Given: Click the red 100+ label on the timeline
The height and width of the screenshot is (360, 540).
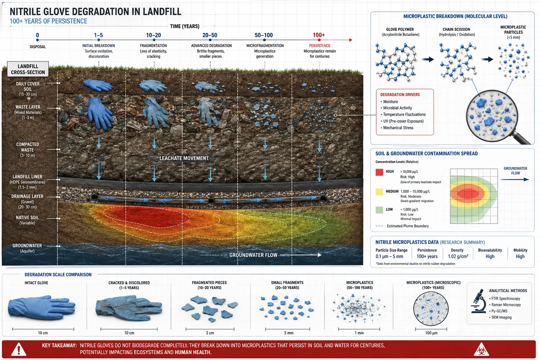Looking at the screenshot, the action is pyautogui.click(x=319, y=35).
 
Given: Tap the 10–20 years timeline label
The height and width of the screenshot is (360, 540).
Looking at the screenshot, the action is pyautogui.click(x=153, y=35).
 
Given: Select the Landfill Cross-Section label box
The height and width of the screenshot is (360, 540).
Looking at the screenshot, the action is pyautogui.click(x=28, y=69).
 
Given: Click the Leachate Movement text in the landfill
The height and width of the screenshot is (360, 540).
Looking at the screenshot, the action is pyautogui.click(x=184, y=158).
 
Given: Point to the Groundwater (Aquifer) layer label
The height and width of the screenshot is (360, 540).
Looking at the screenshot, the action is pyautogui.click(x=27, y=248).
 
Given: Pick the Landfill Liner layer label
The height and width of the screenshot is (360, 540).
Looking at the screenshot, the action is pyautogui.click(x=27, y=182).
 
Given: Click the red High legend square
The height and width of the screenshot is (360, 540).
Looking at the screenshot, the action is pyautogui.click(x=379, y=172).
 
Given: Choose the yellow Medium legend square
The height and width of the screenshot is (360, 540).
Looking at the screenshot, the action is pyautogui.click(x=379, y=192).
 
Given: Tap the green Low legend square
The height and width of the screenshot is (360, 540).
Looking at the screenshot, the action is pyautogui.click(x=379, y=210).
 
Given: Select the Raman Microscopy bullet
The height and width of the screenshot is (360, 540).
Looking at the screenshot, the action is pyautogui.click(x=505, y=305).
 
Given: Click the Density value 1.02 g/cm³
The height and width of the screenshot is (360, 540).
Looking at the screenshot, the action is pyautogui.click(x=458, y=256).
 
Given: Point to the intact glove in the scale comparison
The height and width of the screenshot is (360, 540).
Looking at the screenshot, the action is pyautogui.click(x=42, y=307).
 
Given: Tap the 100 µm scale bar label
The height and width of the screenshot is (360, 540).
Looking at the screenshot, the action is pyautogui.click(x=431, y=333).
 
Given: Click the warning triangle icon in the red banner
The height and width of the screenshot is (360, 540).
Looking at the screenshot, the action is pyautogui.click(x=19, y=349).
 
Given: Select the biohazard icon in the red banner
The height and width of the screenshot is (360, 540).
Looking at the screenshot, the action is pyautogui.click(x=481, y=349).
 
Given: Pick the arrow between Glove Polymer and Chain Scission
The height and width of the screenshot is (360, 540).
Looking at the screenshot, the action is pyautogui.click(x=427, y=59).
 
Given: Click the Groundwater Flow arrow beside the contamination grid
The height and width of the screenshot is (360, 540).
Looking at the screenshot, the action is pyautogui.click(x=515, y=179).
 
